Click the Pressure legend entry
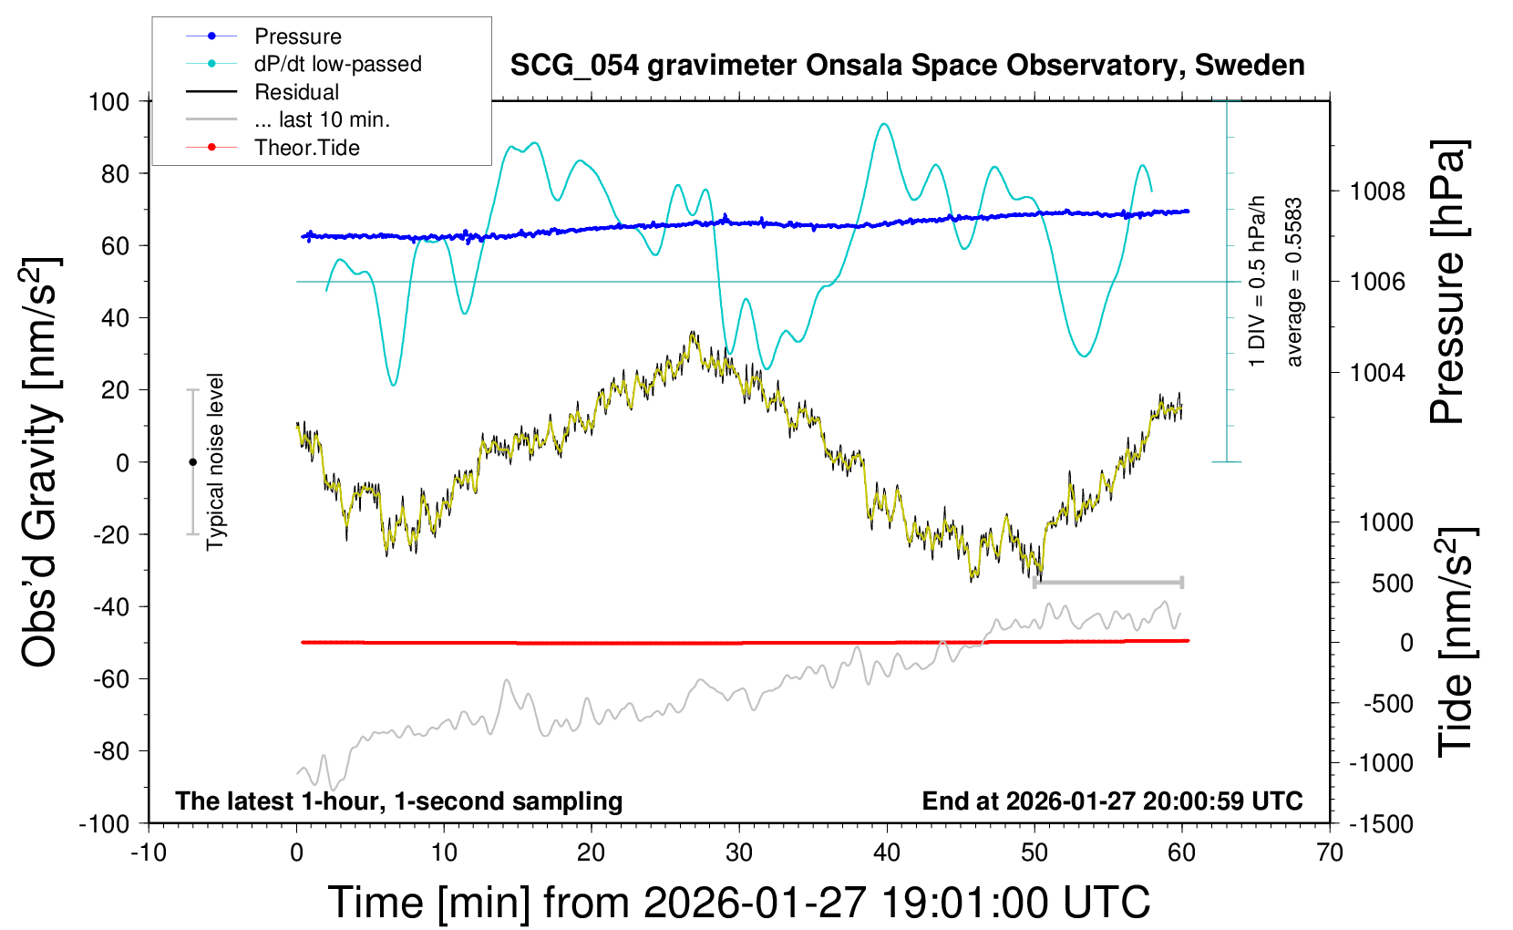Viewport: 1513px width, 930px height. click(297, 36)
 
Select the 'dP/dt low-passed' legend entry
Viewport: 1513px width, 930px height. click(337, 64)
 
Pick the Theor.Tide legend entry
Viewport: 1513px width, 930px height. click(306, 148)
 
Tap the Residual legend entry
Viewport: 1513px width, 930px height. click(296, 92)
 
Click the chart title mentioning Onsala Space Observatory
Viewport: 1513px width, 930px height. click(907, 66)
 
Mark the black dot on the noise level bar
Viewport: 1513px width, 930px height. click(192, 462)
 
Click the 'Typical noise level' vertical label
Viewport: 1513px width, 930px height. click(215, 461)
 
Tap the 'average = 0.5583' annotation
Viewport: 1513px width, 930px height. click(1293, 283)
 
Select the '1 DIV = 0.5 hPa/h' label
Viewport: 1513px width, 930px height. click(1258, 281)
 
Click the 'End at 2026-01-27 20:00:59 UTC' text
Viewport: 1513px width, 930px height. click(1112, 801)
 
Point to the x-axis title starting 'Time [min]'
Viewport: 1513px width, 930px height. click(738, 903)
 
